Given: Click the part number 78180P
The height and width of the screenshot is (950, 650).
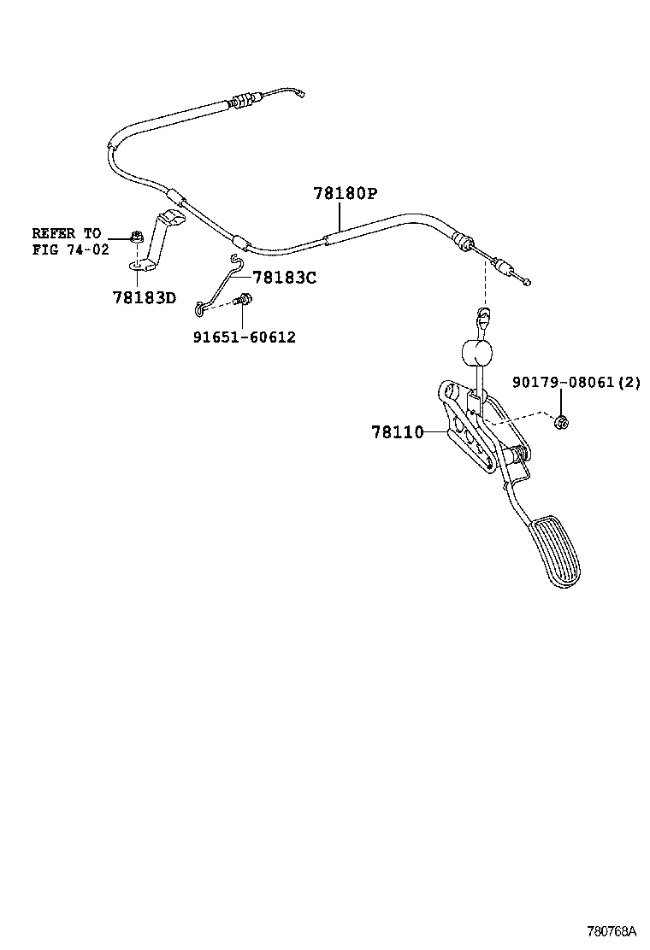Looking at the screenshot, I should [345, 194].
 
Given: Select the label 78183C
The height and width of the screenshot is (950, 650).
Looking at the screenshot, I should [285, 278].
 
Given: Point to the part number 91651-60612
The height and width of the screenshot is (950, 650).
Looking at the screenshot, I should [244, 337].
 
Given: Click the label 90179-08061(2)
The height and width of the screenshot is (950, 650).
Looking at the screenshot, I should [576, 382].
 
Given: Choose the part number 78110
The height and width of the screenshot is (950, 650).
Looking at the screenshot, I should [397, 432].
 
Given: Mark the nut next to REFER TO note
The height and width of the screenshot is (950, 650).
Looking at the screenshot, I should [135, 236].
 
